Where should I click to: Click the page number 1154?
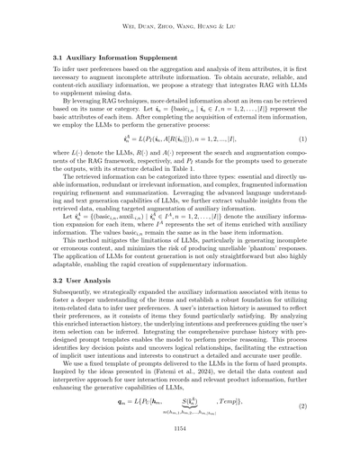point(180,455)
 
